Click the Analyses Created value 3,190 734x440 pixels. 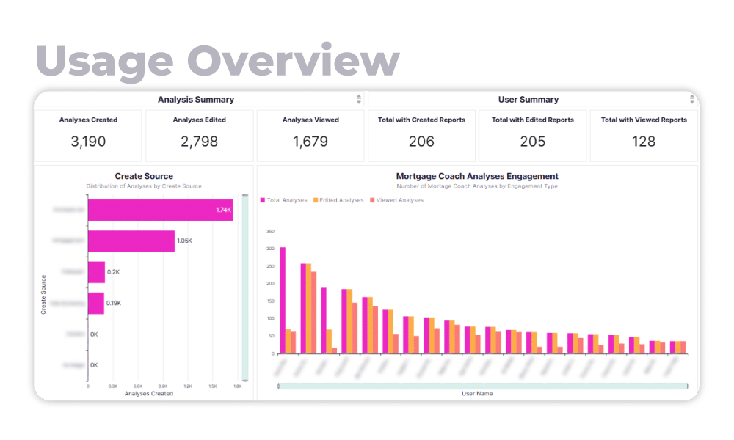(88, 142)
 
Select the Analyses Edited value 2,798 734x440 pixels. (199, 142)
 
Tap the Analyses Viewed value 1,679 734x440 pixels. (310, 142)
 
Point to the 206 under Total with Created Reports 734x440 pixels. (421, 142)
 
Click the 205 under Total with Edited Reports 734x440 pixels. (533, 142)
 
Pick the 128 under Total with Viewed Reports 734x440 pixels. (644, 142)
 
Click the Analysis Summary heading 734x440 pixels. (196, 100)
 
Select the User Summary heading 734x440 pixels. (528, 100)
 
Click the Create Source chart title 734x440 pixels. (144, 176)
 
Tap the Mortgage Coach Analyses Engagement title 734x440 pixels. (477, 176)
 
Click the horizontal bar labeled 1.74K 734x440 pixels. (160, 210)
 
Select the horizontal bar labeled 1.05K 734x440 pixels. (131, 241)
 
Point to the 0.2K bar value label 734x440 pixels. (113, 272)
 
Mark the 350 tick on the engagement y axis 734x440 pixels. (270, 232)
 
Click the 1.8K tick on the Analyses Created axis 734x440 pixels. (237, 386)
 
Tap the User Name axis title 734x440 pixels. (477, 394)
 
